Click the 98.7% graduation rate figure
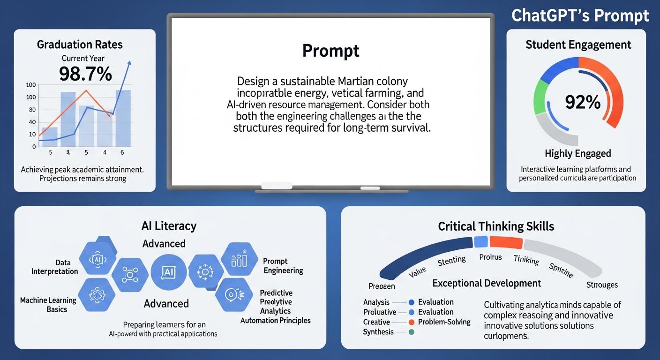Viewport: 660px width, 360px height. (85, 74)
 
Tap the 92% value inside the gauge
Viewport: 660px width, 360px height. (583, 102)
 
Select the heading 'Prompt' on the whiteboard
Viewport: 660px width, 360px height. (330, 51)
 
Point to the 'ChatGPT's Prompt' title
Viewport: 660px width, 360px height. (580, 15)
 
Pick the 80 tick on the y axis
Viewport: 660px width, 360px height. (32, 110)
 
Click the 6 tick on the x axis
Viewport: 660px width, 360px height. (122, 152)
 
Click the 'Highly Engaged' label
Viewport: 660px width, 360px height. (577, 154)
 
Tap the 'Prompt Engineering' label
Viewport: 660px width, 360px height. (283, 266)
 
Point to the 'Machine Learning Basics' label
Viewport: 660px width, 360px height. (48, 305)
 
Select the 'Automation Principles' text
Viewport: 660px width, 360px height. (275, 321)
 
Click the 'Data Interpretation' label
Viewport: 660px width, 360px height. (54, 267)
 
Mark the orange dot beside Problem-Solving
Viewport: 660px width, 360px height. (411, 322)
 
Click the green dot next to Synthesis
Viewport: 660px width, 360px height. (411, 332)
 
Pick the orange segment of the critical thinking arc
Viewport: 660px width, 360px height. (506, 242)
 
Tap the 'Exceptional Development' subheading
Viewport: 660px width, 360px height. (486, 283)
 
